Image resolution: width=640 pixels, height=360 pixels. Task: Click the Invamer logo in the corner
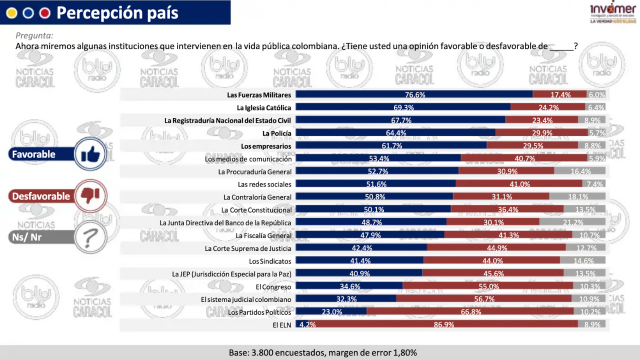pos(613,13)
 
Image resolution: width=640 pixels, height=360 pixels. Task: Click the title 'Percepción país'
pos(117,12)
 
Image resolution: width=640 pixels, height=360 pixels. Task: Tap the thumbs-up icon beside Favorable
pos(90,154)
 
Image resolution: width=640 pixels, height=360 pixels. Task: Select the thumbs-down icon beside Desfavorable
pos(90,196)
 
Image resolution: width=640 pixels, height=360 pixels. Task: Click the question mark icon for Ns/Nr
pos(90,237)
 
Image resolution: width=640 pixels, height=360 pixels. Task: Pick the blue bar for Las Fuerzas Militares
pos(414,94)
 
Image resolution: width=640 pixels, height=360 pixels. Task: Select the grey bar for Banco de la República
pos(572,222)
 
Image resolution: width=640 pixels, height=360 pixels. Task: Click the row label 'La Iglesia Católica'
pos(264,107)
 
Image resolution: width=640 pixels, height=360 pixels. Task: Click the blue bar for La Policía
pos(395,133)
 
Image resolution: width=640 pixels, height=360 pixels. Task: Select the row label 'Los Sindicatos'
pos(270,261)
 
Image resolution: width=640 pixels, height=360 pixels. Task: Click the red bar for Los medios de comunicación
pos(524,158)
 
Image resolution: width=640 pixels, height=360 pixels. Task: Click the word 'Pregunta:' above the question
pos(34,35)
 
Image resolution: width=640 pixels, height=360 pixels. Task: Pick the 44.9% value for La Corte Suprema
pos(497,248)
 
